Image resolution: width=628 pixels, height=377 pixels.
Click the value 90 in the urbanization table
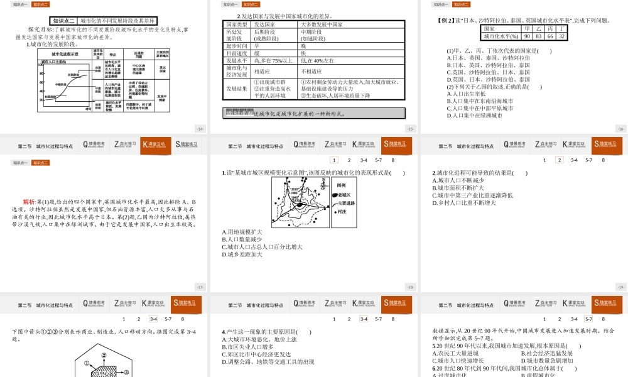coord(528,36)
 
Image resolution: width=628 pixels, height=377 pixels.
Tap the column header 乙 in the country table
coord(539,29)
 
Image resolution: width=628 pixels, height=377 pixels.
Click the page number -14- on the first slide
coord(200,129)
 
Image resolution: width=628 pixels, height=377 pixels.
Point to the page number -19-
coord(620,287)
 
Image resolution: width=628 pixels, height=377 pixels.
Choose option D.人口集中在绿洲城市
coord(474,116)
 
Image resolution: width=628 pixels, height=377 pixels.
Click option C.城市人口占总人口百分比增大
coord(262,247)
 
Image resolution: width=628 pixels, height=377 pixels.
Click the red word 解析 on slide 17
coord(30,202)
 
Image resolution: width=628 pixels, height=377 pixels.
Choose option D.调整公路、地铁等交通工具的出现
coord(268,362)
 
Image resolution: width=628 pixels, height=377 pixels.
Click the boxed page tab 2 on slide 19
coord(559,160)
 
